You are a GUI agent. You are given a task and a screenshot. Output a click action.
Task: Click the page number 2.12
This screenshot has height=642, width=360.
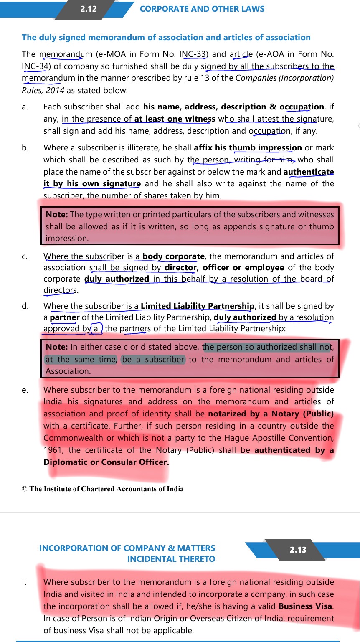[x=89, y=9]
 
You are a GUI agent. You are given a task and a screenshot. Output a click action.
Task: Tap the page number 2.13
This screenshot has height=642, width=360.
[x=298, y=550]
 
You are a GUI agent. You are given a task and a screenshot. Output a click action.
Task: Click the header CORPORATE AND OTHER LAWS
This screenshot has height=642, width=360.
[x=202, y=9]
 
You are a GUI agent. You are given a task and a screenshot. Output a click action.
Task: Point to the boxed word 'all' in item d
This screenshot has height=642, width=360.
[x=97, y=329]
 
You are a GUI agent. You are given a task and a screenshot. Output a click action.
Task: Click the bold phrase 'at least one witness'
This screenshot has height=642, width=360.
[x=175, y=119]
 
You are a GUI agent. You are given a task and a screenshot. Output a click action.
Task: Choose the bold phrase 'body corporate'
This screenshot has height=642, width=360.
[x=173, y=256]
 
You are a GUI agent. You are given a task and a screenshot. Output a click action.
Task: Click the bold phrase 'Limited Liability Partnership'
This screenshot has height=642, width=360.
[x=197, y=306]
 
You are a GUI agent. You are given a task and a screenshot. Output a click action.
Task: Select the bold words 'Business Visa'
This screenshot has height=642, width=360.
[x=305, y=606]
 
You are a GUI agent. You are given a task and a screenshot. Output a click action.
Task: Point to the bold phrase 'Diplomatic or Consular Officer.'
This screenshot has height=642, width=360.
[x=106, y=462]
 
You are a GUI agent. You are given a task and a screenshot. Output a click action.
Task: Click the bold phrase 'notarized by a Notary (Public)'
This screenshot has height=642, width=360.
[x=271, y=414]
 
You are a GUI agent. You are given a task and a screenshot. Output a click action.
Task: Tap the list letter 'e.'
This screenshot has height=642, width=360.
[x=25, y=390]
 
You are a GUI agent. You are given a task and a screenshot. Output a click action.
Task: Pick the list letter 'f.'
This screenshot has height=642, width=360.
[x=25, y=582]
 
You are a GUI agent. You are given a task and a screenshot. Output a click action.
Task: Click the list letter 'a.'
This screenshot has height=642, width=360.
[x=25, y=107]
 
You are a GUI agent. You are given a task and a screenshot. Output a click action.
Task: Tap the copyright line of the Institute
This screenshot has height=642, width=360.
[x=103, y=489]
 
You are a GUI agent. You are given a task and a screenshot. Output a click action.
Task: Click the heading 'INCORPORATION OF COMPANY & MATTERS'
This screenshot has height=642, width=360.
[x=127, y=548]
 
